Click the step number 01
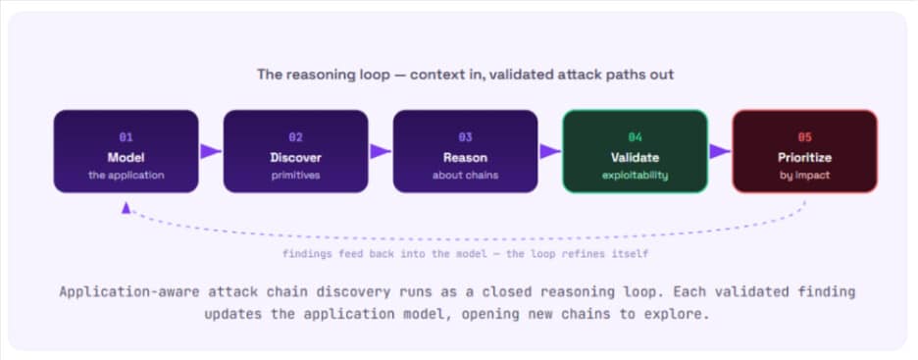pos(126,137)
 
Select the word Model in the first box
pos(126,158)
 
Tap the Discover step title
pos(295,158)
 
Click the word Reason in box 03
pos(466,158)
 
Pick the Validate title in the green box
pos(636,158)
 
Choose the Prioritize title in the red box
pos(805,158)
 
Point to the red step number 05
pos(805,137)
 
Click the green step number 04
pos(636,137)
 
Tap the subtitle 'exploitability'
pos(636,175)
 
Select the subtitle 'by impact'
pos(805,175)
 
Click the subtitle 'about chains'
pos(466,175)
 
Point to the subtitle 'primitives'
pos(295,175)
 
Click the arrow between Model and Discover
pos(211,151)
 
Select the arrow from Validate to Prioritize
pos(720,151)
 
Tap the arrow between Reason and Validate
pos(550,151)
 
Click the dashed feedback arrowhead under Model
pos(126,208)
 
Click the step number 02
pos(295,137)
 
